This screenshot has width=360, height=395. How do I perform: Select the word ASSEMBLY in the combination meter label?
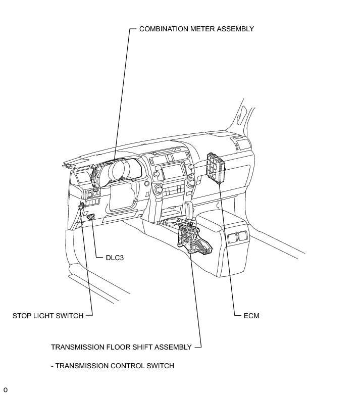pos(235,29)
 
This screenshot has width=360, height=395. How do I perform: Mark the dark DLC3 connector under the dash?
pos(91,217)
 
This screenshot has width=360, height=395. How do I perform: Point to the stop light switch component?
pos(81,206)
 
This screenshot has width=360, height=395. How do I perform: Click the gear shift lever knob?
pos(191,208)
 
